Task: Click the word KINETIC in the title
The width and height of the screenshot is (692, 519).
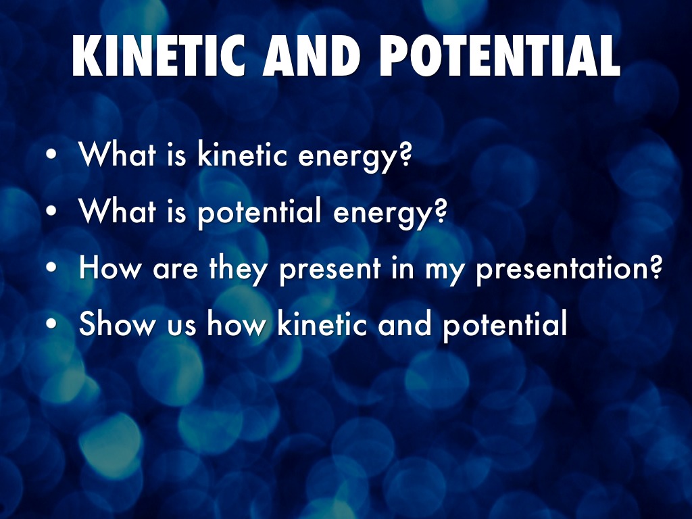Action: click(x=159, y=55)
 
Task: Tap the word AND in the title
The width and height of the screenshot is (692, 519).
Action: click(x=312, y=55)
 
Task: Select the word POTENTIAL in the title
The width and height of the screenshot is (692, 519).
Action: click(x=499, y=55)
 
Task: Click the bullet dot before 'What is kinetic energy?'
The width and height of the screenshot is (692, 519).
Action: click(x=51, y=155)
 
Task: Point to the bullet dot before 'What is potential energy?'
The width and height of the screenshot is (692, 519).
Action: click(x=51, y=211)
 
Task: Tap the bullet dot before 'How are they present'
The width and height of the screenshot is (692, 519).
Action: click(x=51, y=267)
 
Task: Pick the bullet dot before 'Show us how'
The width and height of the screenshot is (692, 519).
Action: click(x=51, y=323)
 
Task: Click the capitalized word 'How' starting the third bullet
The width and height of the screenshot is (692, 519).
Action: click(x=110, y=268)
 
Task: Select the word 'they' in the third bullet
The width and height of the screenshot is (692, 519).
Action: click(x=237, y=269)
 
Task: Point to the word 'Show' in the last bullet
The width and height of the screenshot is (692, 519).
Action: click(x=117, y=323)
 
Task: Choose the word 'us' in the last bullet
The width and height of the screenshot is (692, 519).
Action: click(x=181, y=327)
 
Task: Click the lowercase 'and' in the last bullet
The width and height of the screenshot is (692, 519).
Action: click(x=404, y=323)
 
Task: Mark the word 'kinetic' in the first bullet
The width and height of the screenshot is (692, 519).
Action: click(x=243, y=154)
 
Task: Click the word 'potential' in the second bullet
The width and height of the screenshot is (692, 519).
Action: click(x=259, y=213)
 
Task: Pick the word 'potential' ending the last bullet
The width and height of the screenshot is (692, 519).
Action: click(x=505, y=325)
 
